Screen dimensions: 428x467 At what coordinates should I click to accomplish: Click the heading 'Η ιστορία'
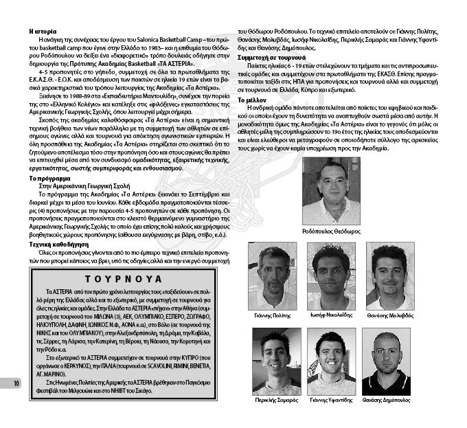click(43, 32)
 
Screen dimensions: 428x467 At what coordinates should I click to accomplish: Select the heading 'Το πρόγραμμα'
click(47, 177)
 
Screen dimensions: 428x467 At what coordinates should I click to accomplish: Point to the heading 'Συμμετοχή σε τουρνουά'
click(272, 58)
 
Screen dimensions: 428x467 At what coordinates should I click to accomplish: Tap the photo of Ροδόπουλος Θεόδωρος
click(331, 191)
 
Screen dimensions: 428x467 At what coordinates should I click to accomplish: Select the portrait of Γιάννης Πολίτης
click(273, 276)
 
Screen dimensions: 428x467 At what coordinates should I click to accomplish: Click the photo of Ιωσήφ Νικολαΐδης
click(331, 276)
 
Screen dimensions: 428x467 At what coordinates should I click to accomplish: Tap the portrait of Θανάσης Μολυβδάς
click(389, 276)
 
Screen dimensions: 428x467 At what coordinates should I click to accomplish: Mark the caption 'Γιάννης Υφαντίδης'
click(331, 399)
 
